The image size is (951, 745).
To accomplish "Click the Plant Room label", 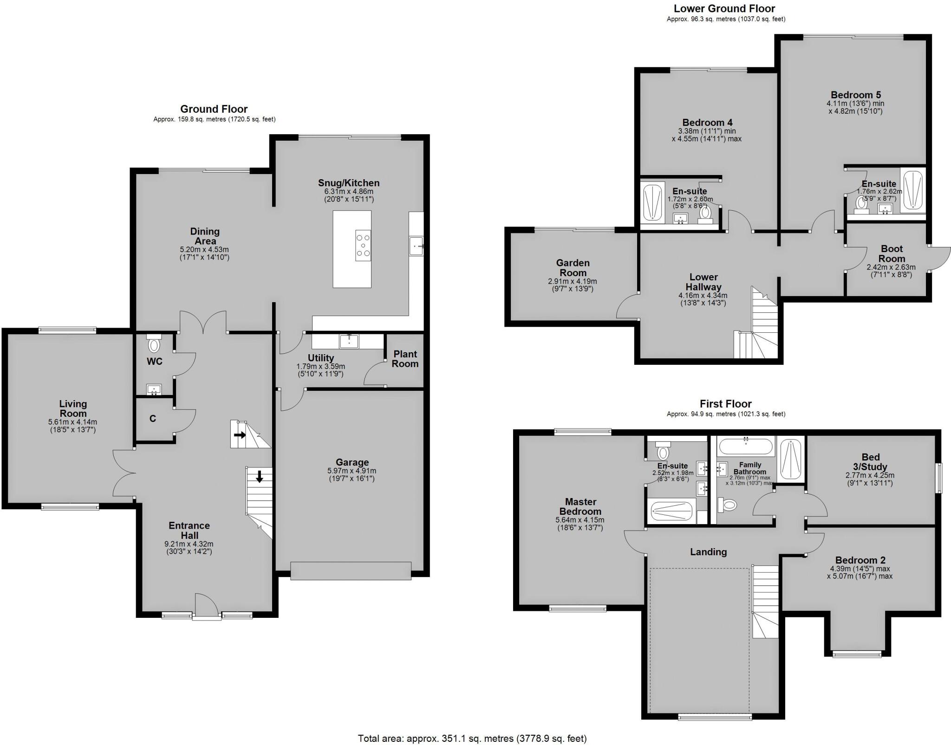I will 405,359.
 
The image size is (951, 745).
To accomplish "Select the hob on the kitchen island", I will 363,245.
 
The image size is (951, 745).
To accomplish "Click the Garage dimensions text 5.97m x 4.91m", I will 352,471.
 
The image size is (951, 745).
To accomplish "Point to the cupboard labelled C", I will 153,419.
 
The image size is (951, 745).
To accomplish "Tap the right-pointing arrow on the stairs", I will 240,435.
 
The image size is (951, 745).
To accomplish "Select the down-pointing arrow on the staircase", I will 259,476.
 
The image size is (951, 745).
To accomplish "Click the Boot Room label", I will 892,254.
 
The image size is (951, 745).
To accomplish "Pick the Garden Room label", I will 573,268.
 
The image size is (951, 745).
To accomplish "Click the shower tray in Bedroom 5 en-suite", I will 912,190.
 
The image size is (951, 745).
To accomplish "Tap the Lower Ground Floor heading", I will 724,8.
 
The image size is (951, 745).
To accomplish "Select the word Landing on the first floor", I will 708,552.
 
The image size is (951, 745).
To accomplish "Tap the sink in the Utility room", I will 348,341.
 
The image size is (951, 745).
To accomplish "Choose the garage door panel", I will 351,570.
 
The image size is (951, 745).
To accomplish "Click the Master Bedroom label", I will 580,506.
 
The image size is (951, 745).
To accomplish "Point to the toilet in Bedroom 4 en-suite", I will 705,214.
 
